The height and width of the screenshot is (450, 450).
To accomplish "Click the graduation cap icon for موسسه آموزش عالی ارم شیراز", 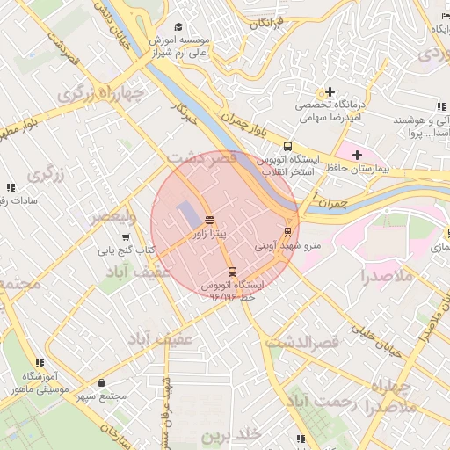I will (179, 27).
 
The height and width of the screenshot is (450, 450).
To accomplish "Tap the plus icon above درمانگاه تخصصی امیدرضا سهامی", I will (330, 91).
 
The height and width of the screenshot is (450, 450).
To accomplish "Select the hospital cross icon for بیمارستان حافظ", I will (356, 155).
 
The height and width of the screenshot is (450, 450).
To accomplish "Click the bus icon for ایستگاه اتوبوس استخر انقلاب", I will (287, 147).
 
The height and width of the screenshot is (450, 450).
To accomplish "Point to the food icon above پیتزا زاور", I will (209, 220).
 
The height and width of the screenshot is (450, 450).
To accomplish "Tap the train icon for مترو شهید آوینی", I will (287, 232).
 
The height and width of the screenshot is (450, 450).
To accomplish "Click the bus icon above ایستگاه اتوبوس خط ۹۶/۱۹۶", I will (232, 272).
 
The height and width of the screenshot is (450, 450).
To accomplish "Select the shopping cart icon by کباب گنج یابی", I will (126, 236).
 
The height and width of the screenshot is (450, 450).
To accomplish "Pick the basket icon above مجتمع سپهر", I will (104, 382).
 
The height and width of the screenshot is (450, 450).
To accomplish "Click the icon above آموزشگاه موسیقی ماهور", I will (39, 362).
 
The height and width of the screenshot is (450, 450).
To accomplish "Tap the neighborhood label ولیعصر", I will (112, 216).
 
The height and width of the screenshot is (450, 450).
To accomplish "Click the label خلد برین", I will (232, 436).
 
